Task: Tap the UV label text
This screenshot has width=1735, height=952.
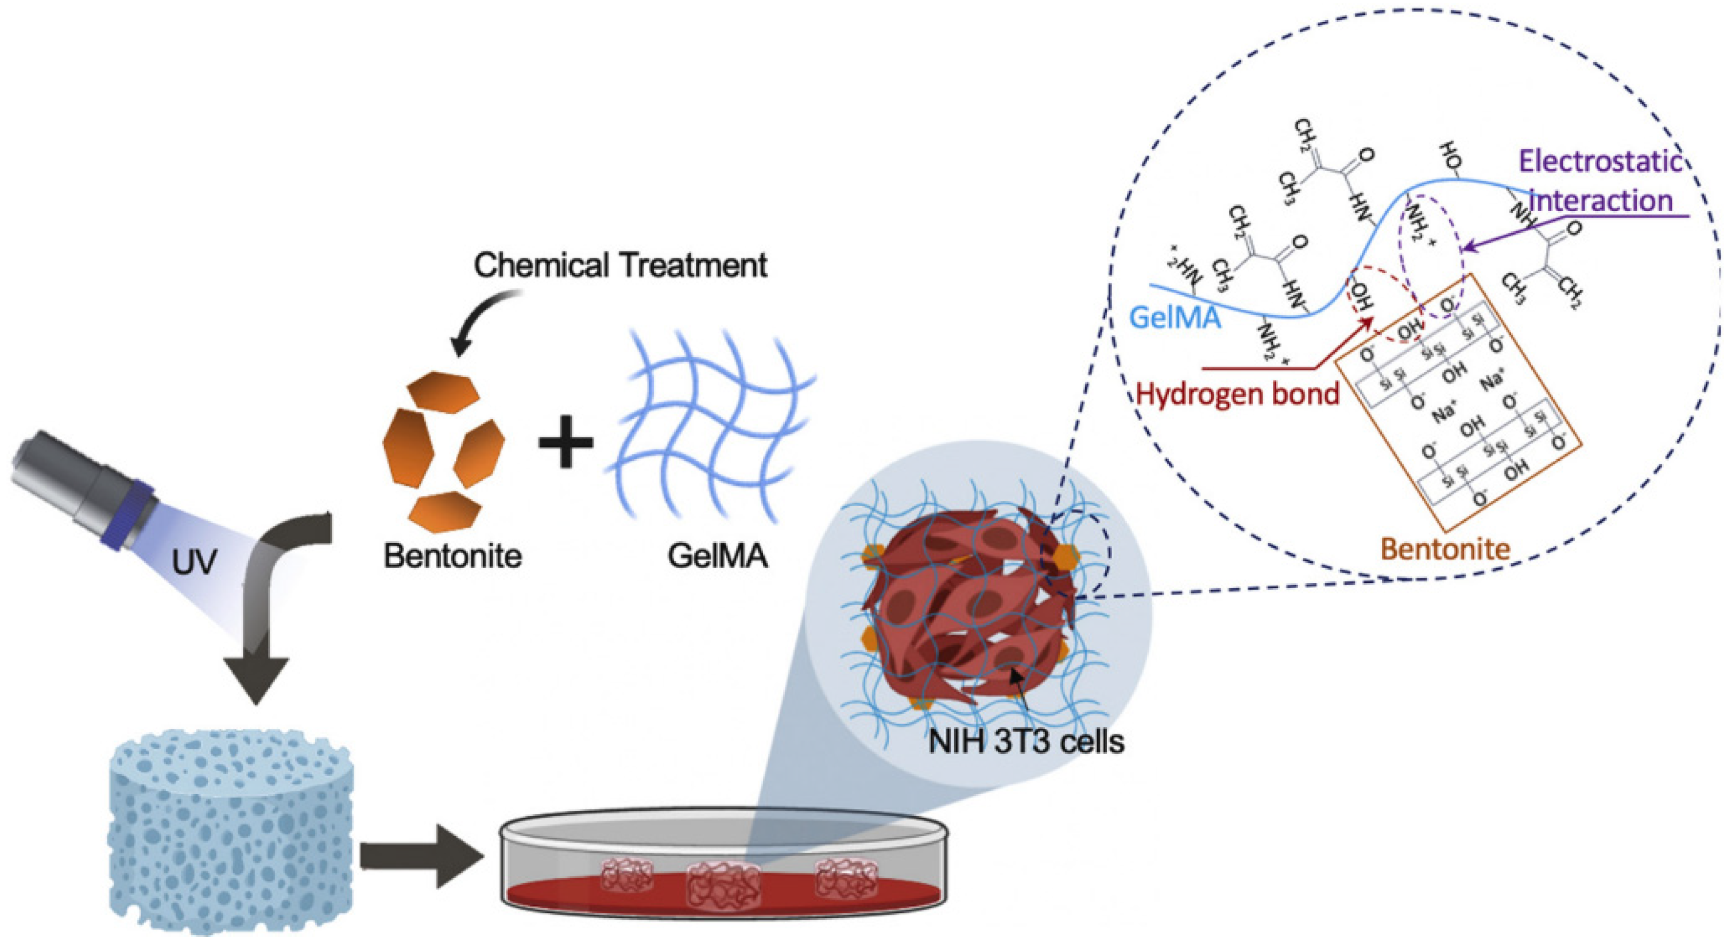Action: [x=193, y=560]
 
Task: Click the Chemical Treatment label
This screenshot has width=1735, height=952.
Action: [x=620, y=265]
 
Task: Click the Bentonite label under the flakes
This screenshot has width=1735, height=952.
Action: [x=452, y=556]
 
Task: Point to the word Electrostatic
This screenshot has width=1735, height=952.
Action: [x=1600, y=162]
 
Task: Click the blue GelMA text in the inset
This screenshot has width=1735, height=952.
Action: [x=1175, y=316]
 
